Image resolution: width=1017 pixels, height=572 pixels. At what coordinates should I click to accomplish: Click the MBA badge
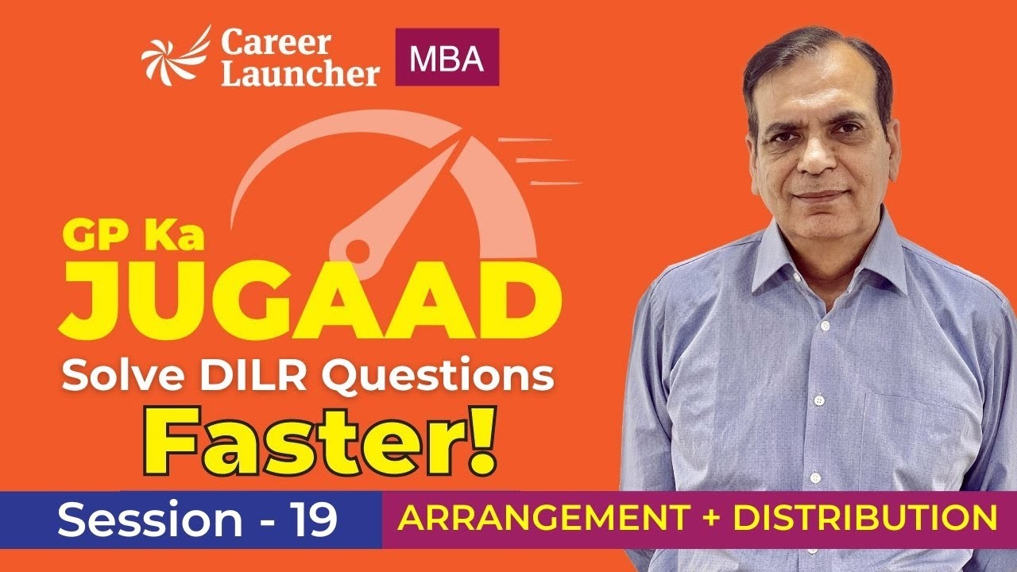pos(447,57)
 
